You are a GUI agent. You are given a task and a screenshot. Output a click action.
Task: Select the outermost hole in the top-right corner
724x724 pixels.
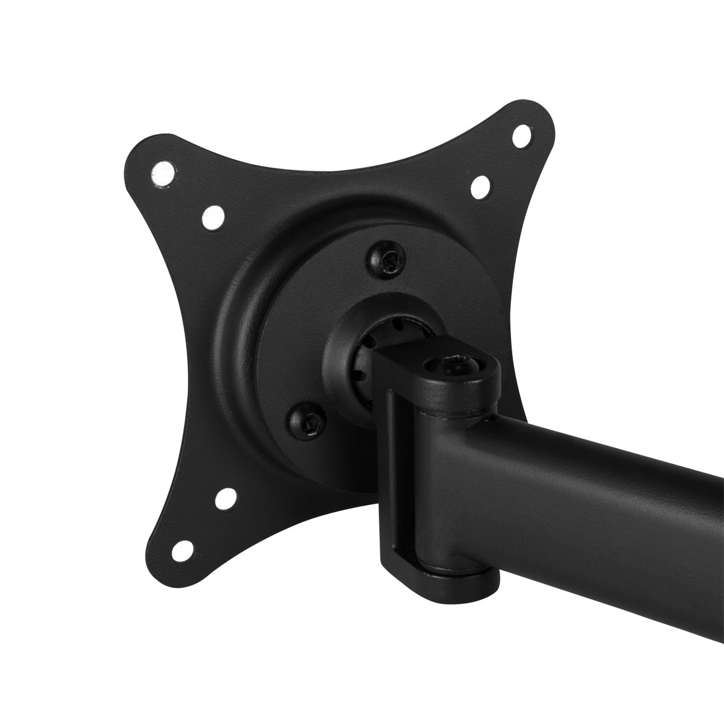[522, 135]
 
